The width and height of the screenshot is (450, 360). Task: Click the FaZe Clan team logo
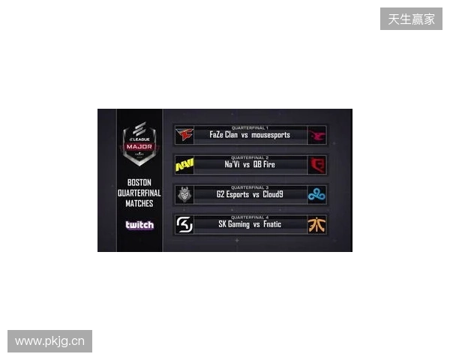184,135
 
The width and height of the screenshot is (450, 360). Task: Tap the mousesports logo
316,135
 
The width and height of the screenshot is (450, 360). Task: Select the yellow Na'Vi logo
184,164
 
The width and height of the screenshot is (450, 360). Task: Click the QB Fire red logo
316,164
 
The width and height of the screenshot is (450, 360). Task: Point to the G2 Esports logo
184,194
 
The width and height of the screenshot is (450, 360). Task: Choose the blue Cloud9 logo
316,194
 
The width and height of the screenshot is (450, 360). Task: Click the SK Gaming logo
184,223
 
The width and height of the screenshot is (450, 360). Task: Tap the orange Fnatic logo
316,223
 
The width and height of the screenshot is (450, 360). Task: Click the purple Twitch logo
139,225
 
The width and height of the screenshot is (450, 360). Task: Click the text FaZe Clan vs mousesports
250,136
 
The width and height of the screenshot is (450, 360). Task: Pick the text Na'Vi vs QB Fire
250,165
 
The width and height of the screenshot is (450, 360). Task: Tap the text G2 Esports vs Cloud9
250,195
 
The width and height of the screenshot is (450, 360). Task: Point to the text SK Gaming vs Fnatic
250,224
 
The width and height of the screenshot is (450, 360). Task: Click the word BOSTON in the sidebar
139,182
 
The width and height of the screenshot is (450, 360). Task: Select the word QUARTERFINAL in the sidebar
139,193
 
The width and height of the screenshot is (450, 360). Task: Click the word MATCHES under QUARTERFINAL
139,203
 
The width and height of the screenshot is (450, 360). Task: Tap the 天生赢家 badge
411,19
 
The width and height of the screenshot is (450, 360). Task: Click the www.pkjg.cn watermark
50,341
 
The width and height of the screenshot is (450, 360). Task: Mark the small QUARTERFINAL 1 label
250,127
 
